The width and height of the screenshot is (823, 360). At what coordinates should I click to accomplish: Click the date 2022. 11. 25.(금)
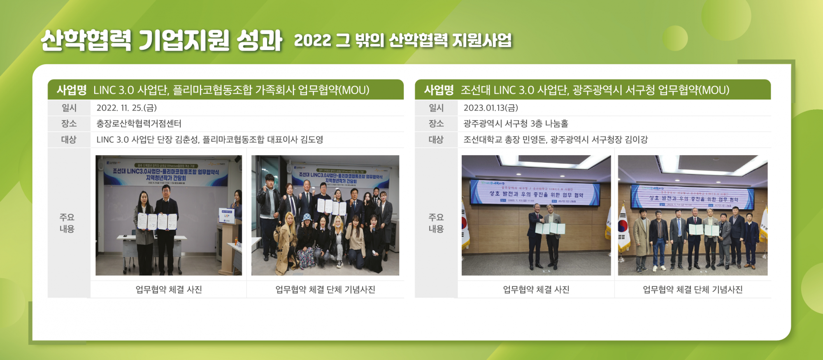click(126, 108)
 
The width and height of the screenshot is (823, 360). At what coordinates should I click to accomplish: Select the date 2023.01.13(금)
click(491, 108)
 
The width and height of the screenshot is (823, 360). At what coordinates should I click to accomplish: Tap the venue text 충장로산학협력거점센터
click(139, 123)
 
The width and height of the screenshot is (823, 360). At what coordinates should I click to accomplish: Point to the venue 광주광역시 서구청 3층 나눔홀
click(516, 123)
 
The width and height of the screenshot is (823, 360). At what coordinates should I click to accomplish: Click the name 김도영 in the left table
click(312, 139)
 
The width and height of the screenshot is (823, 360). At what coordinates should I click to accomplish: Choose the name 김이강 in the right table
click(636, 139)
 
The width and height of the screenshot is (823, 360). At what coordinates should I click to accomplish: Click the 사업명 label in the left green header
click(72, 90)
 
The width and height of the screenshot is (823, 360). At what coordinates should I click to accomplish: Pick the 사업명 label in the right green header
click(439, 90)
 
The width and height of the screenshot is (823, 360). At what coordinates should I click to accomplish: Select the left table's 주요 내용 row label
click(67, 223)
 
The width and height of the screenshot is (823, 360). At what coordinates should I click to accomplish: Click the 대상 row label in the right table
click(436, 139)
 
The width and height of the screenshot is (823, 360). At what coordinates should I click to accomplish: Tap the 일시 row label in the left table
click(69, 108)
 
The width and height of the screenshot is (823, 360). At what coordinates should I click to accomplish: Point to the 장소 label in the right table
click(436, 123)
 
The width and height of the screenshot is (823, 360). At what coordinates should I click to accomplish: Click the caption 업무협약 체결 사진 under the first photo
click(169, 289)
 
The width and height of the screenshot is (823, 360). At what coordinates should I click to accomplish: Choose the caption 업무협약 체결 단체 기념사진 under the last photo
click(693, 289)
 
